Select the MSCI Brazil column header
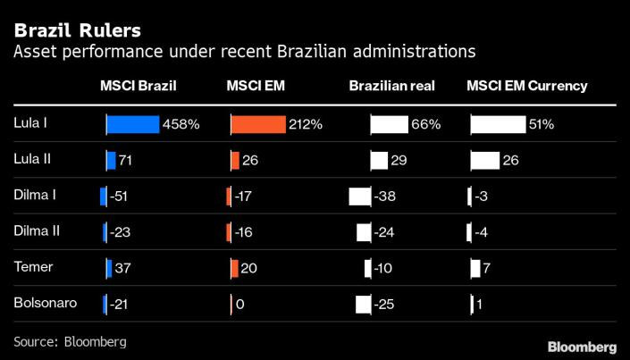tap(139, 87)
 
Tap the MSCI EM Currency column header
tap(527, 87)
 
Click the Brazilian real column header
tap(392, 87)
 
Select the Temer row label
tap(32, 266)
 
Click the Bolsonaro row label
tap(45, 303)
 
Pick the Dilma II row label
tap(37, 231)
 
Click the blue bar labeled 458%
tap(132, 124)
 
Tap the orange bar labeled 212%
tap(258, 124)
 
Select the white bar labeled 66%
tap(389, 124)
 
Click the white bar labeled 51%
tap(498, 124)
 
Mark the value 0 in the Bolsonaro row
tap(239, 305)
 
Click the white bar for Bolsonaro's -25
tap(363, 305)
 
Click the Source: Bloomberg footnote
tap(70, 341)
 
